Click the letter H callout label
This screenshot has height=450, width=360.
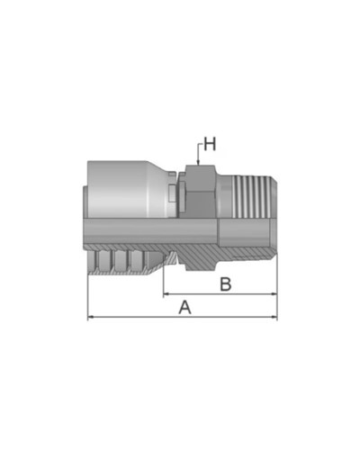click(209, 143)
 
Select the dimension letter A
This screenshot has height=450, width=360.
click(185, 306)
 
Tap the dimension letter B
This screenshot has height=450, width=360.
click(227, 284)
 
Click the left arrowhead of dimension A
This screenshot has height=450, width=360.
click(90, 317)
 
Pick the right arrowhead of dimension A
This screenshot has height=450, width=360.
click(274, 317)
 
